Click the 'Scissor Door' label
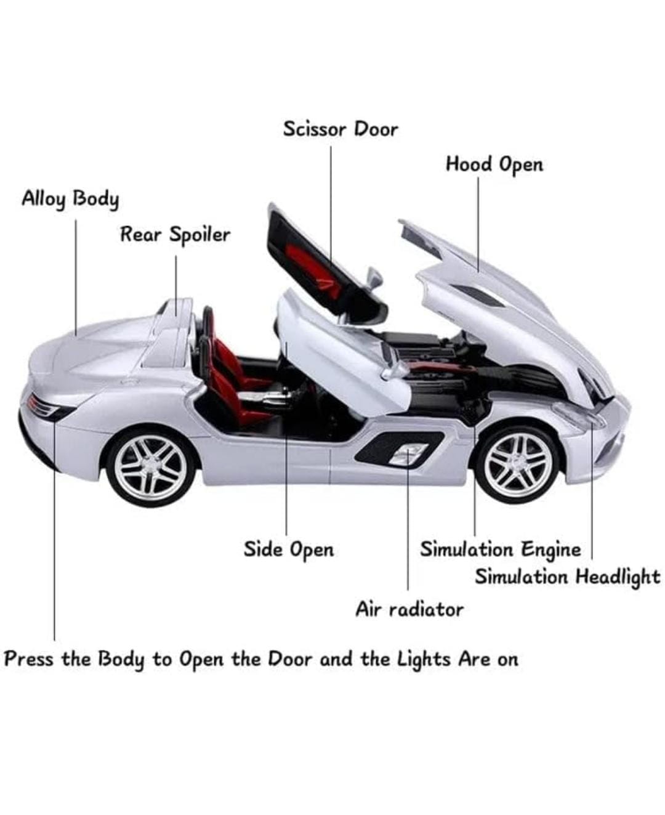(x=341, y=129)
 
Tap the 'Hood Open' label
(x=494, y=165)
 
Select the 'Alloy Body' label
(x=70, y=200)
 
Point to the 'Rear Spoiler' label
(x=175, y=235)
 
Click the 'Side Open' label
(x=289, y=550)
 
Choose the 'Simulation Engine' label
(x=501, y=550)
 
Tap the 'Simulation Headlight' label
(x=567, y=578)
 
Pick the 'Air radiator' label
(x=409, y=610)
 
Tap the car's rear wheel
(x=151, y=468)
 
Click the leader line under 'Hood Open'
(x=478, y=224)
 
